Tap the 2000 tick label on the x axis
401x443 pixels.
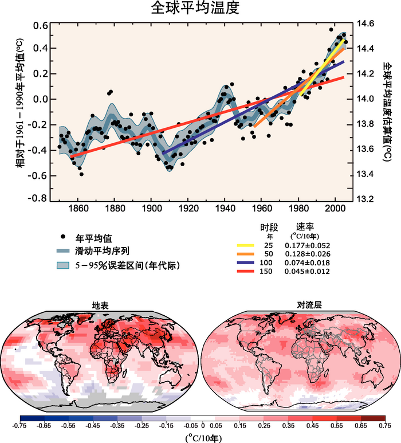(x=335, y=208)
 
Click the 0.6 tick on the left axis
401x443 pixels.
(x=40, y=26)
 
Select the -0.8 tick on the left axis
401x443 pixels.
(x=38, y=198)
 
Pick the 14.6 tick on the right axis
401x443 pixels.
(x=365, y=23)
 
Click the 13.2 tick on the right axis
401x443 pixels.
(x=365, y=199)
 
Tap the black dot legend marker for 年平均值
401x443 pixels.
(x=61, y=238)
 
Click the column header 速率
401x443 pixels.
(x=305, y=227)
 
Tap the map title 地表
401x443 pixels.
(x=101, y=305)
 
